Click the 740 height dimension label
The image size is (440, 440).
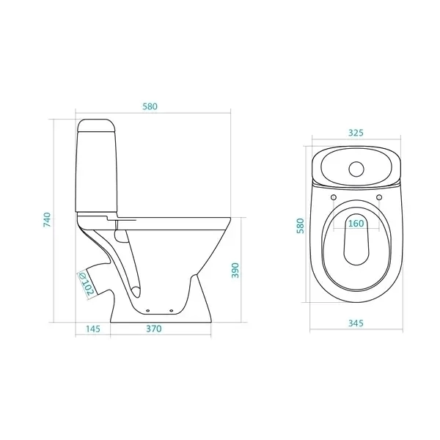[47, 220]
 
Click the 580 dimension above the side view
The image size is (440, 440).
[150, 106]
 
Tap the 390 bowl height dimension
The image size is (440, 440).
[235, 270]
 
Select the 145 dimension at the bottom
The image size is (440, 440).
[93, 329]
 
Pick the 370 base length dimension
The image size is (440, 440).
[154, 329]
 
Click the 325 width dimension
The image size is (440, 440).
[356, 133]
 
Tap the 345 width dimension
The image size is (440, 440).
[356, 323]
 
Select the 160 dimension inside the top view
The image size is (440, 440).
[356, 224]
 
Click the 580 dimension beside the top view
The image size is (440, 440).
[300, 226]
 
